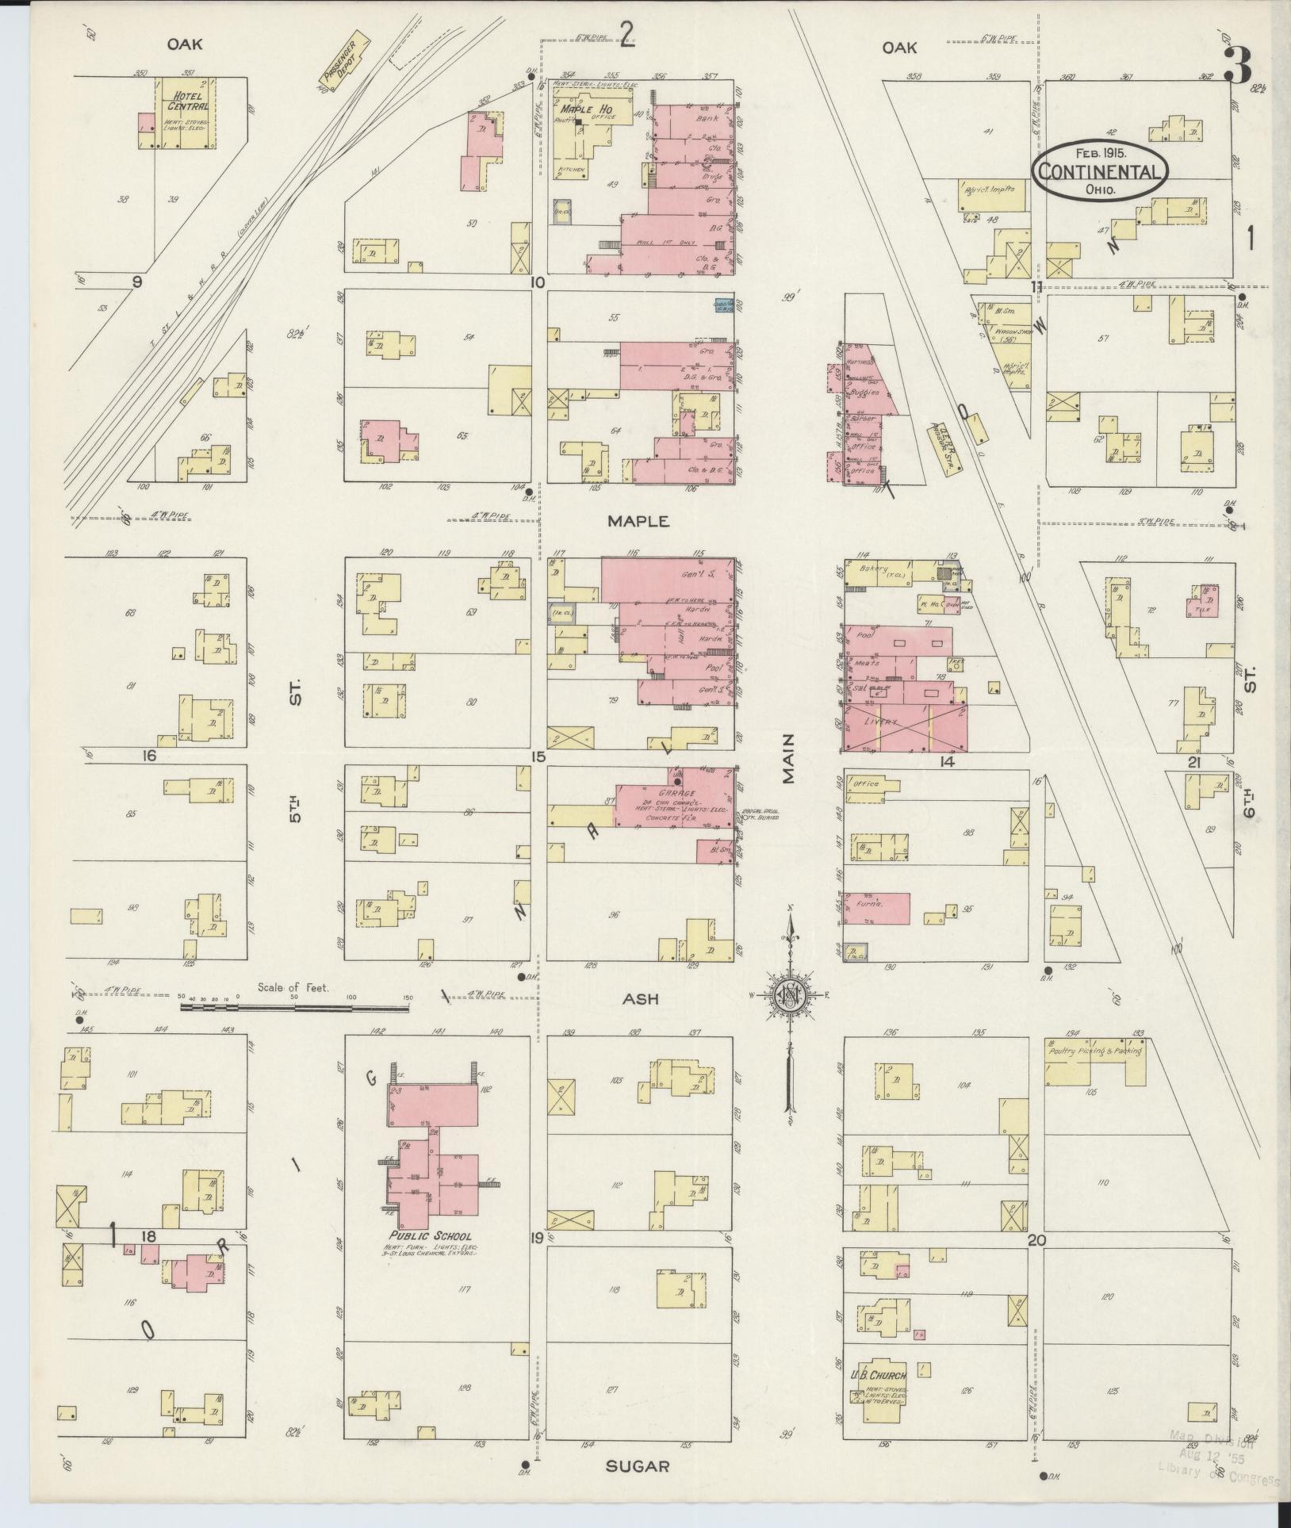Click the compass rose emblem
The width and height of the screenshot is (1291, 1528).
[x=791, y=997]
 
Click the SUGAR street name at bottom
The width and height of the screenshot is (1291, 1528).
[x=637, y=1466]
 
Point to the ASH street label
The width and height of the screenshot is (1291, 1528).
[x=641, y=999]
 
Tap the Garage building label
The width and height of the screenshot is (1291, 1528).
[x=676, y=793]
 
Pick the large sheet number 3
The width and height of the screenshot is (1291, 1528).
[x=1239, y=65]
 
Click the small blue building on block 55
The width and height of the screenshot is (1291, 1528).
[x=722, y=303]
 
